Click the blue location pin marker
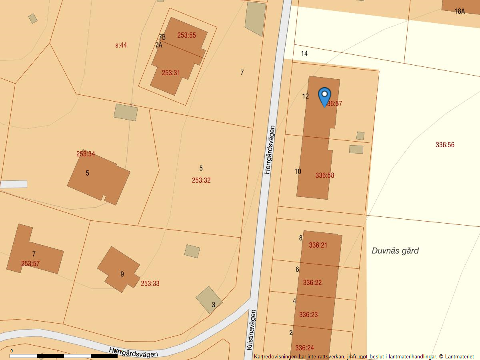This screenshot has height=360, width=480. coord(324,96)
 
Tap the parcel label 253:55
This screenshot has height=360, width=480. coord(186,35)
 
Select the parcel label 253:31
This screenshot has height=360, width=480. coord(171,73)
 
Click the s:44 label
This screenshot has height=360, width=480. coord(121,45)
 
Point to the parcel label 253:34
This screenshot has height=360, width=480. coord(86,154)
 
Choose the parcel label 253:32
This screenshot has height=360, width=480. coord(201,180)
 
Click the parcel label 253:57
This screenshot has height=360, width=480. coord(30,264)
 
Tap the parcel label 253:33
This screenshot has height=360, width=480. coord(150,284)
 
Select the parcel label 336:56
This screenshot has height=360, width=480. coord(445,145)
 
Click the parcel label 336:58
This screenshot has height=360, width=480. coord(324,175)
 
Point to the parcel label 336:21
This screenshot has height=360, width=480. coord(318,245)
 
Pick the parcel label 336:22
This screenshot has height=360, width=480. coord(312,283)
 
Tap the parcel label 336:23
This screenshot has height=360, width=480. coord(308,315)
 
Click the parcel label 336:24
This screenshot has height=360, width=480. coord(304,348)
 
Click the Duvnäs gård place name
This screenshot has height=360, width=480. coord(395,251)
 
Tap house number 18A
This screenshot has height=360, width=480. coord(460,11)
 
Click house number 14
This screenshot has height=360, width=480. coord(304,54)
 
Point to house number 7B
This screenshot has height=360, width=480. coord(162,37)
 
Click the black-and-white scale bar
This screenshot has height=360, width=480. coord(64,356)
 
